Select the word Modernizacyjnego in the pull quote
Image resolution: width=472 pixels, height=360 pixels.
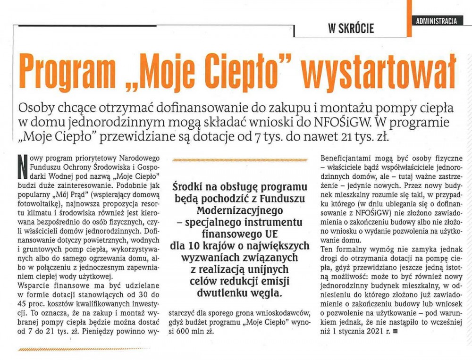coord(240,209)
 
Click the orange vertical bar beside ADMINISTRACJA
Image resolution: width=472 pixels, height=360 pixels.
coord(409,17)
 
